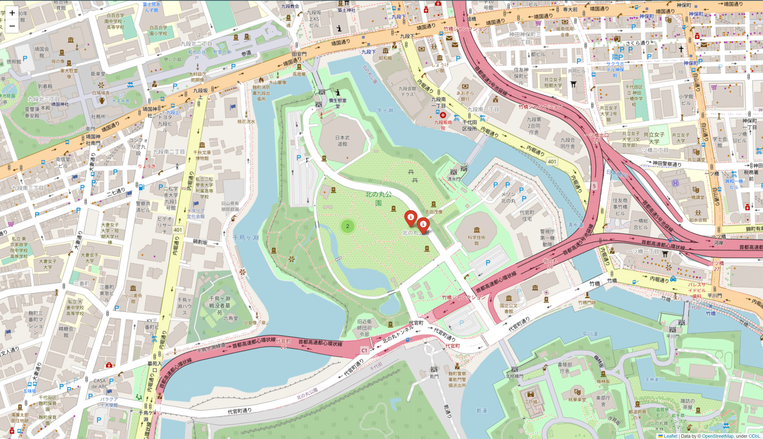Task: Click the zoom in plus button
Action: (x=12, y=13)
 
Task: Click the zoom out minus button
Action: (x=12, y=26)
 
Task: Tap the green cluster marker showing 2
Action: (x=348, y=226)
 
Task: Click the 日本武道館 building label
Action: (x=342, y=141)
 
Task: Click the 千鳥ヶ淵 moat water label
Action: (x=245, y=238)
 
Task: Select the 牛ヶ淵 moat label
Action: (x=385, y=110)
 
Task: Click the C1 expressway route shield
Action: (x=364, y=350)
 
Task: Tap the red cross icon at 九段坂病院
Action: (x=443, y=115)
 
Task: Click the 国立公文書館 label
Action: (x=508, y=308)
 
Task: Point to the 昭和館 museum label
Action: (x=385, y=58)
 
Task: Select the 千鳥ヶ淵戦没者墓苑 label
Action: (x=220, y=306)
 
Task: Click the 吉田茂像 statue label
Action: (x=434, y=212)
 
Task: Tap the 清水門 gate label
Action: (x=454, y=179)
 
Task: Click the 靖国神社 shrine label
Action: (x=60, y=104)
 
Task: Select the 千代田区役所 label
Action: (x=469, y=125)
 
